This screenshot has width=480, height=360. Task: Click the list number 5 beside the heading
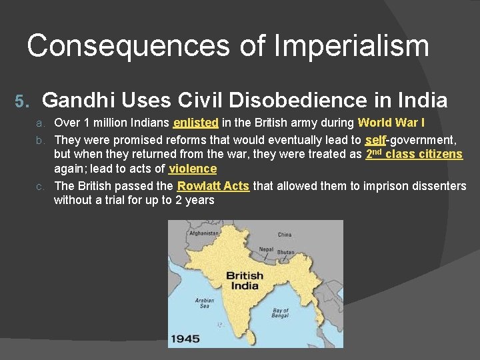(21, 101)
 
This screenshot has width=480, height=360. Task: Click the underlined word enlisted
(195, 123)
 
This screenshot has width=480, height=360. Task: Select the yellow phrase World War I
(391, 123)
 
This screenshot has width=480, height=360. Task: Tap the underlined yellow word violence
(193, 169)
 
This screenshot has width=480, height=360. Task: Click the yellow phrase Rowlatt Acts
(213, 186)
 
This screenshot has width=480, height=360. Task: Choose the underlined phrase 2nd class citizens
(414, 154)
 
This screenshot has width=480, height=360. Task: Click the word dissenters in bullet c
(436, 186)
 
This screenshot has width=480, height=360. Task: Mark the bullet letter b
(40, 140)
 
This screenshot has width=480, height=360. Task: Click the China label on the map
(285, 235)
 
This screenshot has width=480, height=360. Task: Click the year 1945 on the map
(185, 339)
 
